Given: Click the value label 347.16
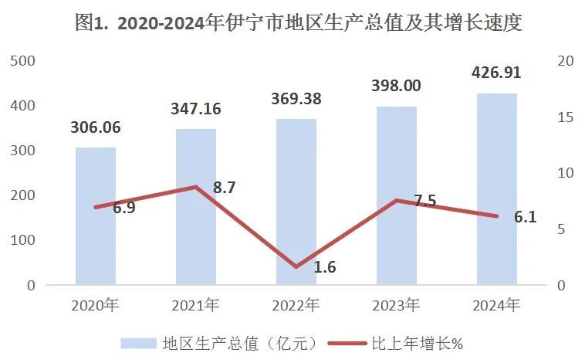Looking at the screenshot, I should pos(196,109).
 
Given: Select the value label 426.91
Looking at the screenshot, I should pos(496,73).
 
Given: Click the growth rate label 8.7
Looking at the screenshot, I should pos(224,188).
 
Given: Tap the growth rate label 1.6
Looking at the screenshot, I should pos(324,267).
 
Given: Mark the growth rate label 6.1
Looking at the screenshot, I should pos(525,217).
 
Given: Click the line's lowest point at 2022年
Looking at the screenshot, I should pos(296,267).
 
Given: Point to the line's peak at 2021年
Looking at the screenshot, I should pos(196,187).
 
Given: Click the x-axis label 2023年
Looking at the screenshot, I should pos(396,306).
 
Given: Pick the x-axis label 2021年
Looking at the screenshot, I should pos(196,306).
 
